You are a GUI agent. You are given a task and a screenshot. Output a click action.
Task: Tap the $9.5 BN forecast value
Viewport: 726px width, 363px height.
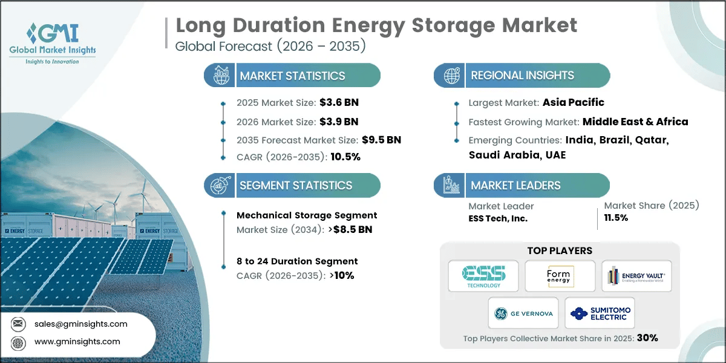(x=381, y=140)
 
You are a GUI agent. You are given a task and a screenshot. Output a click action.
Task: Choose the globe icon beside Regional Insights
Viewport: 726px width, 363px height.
(x=450, y=76)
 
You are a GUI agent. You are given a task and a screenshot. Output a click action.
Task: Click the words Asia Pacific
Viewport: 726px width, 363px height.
(x=572, y=102)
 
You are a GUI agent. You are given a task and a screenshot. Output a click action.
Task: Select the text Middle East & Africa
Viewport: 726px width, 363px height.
(x=635, y=122)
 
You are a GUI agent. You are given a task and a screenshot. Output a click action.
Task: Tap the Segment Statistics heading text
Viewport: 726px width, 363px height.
(x=296, y=186)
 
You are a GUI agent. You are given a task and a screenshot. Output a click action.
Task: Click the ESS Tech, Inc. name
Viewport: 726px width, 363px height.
(x=498, y=218)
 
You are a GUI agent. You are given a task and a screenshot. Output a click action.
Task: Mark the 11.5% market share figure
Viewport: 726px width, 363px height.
(x=615, y=218)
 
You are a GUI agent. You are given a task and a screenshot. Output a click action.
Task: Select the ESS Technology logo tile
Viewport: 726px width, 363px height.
(x=483, y=276)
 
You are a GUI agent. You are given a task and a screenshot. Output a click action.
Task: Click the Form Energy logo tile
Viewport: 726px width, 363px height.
(x=559, y=276)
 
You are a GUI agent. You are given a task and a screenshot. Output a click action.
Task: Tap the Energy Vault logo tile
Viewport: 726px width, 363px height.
(x=636, y=276)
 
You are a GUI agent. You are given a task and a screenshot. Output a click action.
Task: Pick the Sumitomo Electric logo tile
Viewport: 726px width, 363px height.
(x=600, y=313)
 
